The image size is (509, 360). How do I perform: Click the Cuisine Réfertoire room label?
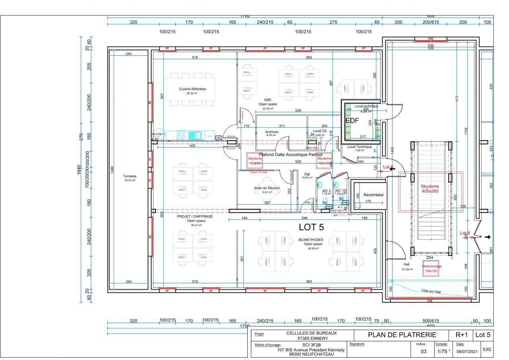[192, 89]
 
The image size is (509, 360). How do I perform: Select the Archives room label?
[272, 132]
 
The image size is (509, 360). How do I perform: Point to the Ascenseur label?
[373, 195]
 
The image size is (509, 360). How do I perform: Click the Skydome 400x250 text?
[430, 189]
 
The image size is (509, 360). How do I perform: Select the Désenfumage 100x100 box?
[432, 269]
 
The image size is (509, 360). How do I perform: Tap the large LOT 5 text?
[311, 227]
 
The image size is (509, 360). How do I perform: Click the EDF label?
[352, 121]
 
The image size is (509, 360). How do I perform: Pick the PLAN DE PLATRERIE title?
[402, 335]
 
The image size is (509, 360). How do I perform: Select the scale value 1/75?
[442, 352]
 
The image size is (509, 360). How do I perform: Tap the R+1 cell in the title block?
[462, 335]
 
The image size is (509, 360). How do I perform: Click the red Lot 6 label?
[465, 233]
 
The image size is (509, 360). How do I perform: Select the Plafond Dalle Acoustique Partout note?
[290, 154]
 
